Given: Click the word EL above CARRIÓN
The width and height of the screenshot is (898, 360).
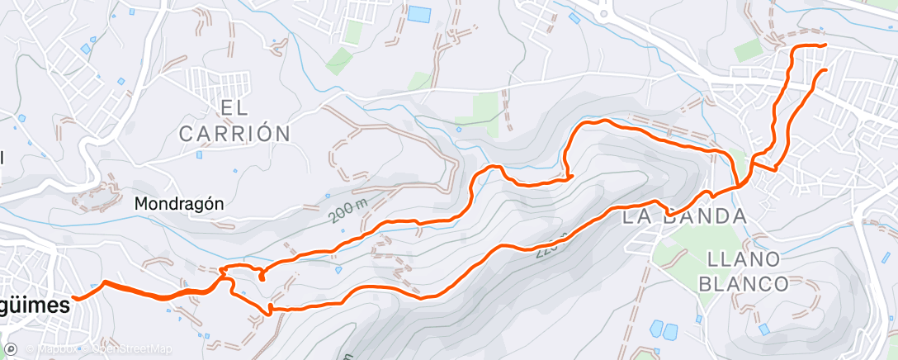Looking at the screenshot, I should point(235,107).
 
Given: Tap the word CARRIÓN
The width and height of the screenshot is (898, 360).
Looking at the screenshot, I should point(234,132).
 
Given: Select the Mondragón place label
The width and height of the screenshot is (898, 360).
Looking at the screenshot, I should point(179,203).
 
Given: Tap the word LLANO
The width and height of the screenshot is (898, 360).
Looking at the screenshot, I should point(744,259).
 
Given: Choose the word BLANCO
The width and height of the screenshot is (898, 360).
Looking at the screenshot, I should point(743,284).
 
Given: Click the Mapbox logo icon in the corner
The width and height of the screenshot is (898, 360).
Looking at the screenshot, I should point(12,350).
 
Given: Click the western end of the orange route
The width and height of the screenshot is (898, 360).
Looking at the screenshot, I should point(74,297).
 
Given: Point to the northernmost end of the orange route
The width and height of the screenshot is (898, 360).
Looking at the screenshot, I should point(825,45).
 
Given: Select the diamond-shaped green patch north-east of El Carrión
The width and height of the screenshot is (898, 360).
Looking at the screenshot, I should point(338,60).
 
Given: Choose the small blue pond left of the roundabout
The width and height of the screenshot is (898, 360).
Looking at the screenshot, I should point(575,17).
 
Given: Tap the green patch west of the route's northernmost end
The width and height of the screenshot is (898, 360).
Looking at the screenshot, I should point(748,51).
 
